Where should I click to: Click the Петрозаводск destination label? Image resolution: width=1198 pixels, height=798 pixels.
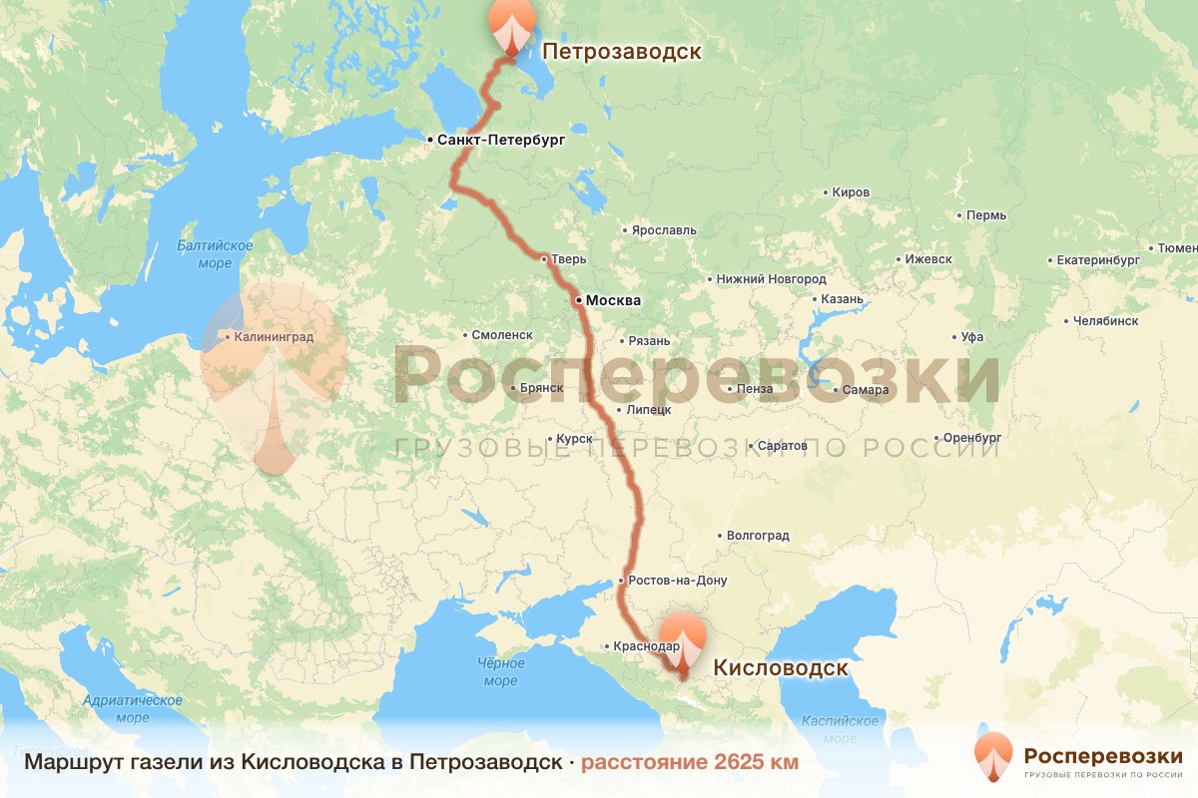pos(621,51)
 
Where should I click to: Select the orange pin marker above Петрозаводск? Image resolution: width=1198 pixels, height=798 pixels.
pos(511,26)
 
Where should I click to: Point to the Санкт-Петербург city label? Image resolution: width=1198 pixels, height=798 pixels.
pos(501,141)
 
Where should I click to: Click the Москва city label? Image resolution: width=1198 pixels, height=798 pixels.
pos(613,300)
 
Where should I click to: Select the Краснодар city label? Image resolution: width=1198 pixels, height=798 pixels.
pos(647,646)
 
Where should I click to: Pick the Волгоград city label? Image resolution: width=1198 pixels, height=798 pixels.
pos(758,536)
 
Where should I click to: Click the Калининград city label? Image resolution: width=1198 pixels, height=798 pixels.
pos(275,337)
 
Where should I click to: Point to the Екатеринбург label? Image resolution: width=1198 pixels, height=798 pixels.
pos(1098,260)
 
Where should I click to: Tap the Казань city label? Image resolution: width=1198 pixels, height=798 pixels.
pos(841,299)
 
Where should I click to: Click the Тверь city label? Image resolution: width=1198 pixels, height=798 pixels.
pos(562,259)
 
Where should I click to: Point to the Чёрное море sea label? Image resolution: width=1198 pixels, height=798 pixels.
pos(500,672)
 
